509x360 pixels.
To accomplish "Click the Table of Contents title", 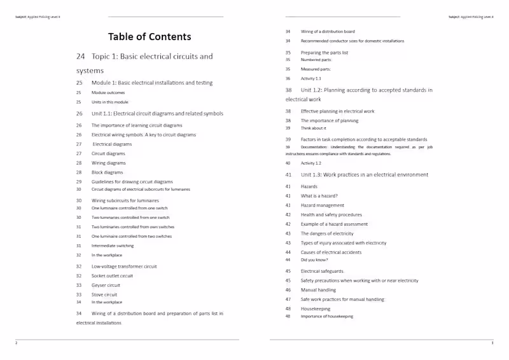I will tap(150, 37).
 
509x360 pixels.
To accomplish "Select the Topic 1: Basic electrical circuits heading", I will tap(152, 57).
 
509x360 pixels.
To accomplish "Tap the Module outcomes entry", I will tap(108, 93).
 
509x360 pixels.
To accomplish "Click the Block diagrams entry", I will tap(108, 172).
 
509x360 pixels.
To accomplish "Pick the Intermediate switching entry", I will tap(113, 246).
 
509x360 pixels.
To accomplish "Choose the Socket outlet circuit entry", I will tap(113, 276).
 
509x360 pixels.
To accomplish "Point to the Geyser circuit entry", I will tap(106, 286).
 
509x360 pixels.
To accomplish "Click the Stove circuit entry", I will tap(104, 295).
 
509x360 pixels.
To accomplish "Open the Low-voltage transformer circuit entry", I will tap(124, 267).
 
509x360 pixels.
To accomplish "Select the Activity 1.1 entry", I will tap(311, 79).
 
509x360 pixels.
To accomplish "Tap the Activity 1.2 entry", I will tap(311, 163).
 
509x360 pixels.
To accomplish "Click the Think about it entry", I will tap(314, 128).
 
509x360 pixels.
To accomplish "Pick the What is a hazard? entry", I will tap(319, 196).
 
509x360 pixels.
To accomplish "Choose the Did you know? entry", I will tap(314, 260).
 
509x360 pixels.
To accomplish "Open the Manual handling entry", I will tap(318, 290).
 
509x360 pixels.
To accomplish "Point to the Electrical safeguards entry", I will tap(322, 271).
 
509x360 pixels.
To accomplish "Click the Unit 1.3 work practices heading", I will tap(365, 175).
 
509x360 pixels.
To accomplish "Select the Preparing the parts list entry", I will tap(324, 53).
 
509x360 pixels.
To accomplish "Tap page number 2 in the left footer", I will tap(17, 343).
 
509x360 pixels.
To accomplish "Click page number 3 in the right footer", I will tap(492, 343).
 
